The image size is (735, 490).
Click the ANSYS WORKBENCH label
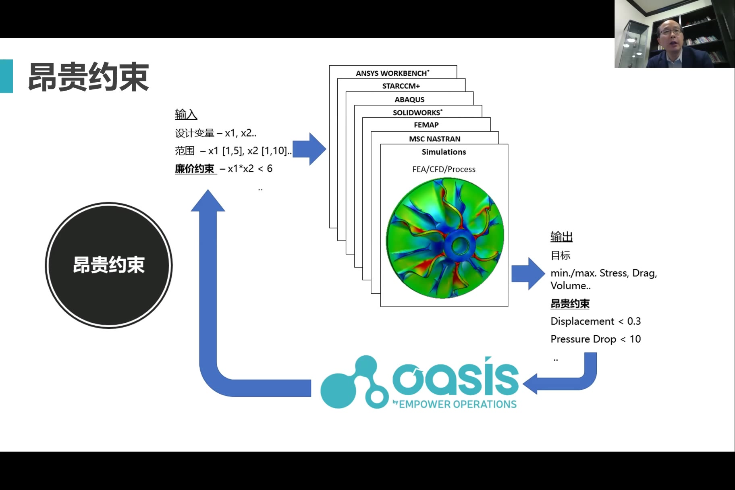(392, 73)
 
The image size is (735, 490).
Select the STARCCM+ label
(401, 86)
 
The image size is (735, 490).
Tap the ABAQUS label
(409, 100)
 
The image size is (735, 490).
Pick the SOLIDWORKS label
(417, 112)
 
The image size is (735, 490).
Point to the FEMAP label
(426, 125)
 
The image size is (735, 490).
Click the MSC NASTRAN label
(434, 139)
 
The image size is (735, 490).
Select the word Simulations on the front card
(444, 152)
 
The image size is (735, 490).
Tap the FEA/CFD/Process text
(444, 169)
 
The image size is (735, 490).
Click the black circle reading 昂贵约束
(109, 265)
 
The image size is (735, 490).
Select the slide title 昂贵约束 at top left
(88, 77)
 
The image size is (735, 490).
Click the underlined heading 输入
(186, 114)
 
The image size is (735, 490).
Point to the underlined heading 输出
(561, 237)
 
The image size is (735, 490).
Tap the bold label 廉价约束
(195, 168)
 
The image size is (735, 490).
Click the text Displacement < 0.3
(595, 321)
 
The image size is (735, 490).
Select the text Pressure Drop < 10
(595, 339)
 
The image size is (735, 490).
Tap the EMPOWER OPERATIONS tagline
(457, 404)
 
